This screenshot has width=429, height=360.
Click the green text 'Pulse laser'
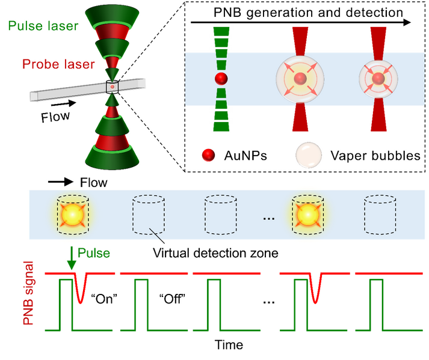coord(43,26)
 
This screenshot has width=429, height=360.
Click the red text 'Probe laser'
coord(58,64)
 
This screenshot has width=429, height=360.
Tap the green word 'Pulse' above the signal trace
coord(94,253)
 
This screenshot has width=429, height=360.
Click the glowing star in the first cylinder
coord(72,214)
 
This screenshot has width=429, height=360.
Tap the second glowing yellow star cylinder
coord(307,214)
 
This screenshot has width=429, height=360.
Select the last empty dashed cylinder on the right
coord(380,215)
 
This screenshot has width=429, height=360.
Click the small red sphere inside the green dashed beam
coord(221,78)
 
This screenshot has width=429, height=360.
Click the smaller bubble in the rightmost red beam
coord(378,79)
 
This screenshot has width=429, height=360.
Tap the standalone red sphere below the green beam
coord(208,154)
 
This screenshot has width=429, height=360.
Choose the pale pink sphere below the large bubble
coord(308,155)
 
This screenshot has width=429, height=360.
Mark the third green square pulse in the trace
coord(215,304)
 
